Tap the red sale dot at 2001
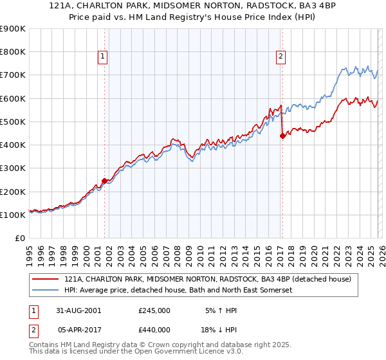[x=104, y=181]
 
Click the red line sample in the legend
[x=46, y=279]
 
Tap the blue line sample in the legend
[x=46, y=291]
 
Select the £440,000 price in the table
[x=154, y=329]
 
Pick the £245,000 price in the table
[x=154, y=310]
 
